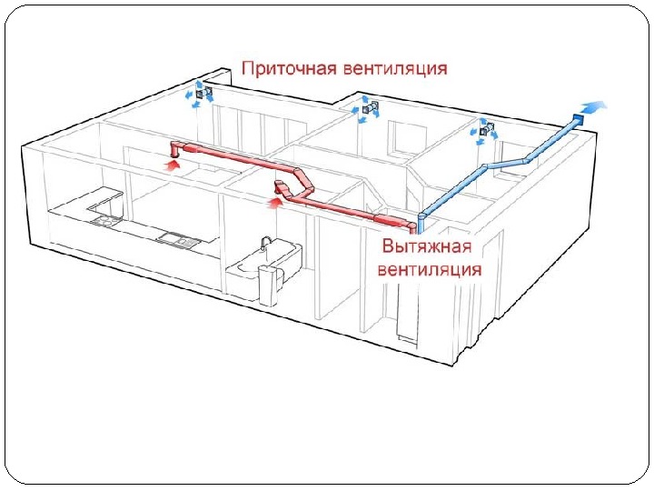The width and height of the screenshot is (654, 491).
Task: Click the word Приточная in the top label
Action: point(288,68)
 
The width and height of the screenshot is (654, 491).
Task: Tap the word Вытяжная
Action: point(425,247)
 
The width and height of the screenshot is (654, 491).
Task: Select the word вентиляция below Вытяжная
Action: point(431,269)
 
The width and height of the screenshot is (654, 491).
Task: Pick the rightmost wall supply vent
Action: point(487,130)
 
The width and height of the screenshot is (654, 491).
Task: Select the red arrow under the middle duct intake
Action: point(272,204)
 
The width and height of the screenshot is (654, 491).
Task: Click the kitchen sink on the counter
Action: point(174,238)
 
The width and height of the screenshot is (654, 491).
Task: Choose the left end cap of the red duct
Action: point(175,148)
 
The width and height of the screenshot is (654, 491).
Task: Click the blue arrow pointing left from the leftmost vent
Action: point(189,94)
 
